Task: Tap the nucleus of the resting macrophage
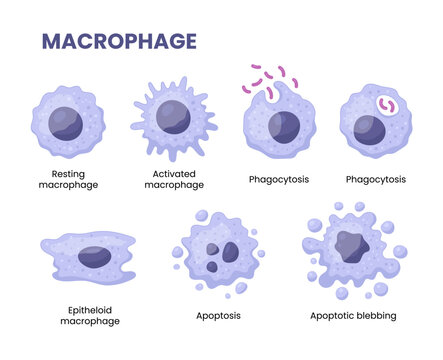pyautogui.click(x=67, y=123)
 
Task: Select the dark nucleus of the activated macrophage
pyautogui.click(x=173, y=116)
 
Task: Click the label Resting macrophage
pyautogui.click(x=68, y=179)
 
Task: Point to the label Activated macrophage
pyautogui.click(x=178, y=179)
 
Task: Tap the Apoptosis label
pyautogui.click(x=219, y=315)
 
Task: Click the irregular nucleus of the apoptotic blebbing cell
pyautogui.click(x=351, y=244)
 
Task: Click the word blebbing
pyautogui.click(x=375, y=315)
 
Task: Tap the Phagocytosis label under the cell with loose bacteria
pyautogui.click(x=277, y=179)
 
